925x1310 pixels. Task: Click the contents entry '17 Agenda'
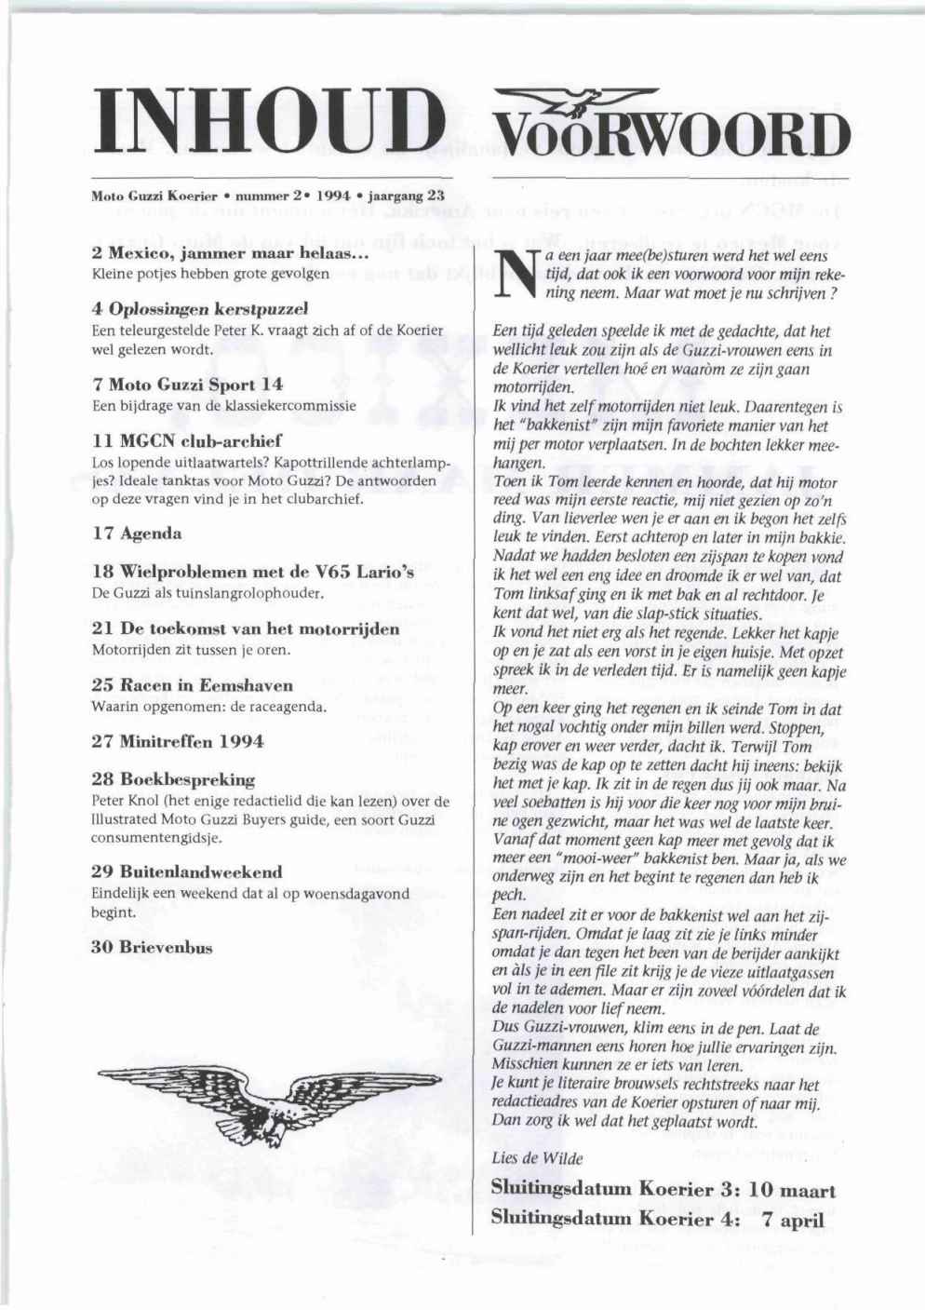pyautogui.click(x=138, y=534)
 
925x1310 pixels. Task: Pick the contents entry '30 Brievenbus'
pyautogui.click(x=153, y=948)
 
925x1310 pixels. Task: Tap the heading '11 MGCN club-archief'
pyautogui.click(x=187, y=440)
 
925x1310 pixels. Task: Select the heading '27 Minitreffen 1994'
pyautogui.click(x=178, y=742)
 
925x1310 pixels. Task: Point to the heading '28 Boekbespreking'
pyautogui.click(x=174, y=779)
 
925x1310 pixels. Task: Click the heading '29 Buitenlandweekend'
pyautogui.click(x=187, y=872)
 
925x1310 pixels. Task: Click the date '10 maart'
pyautogui.click(x=792, y=1190)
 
